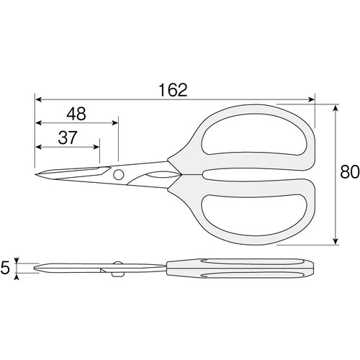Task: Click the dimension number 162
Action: click(172, 89)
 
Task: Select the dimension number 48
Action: click(77, 113)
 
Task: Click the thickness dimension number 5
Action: click(6, 269)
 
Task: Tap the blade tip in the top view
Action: click(35, 174)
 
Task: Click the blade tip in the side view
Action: click(36, 269)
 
